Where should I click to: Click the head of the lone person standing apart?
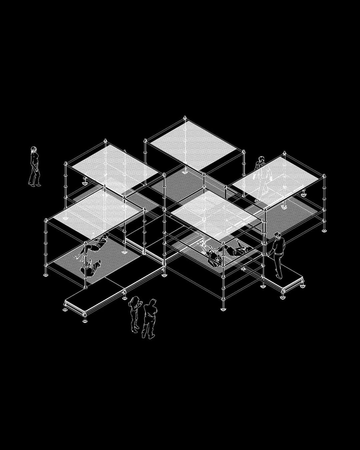(x=34, y=150)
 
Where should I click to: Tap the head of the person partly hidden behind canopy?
(x=262, y=160)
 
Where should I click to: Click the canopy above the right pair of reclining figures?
(x=215, y=213)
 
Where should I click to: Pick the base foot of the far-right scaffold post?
(x=324, y=230)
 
